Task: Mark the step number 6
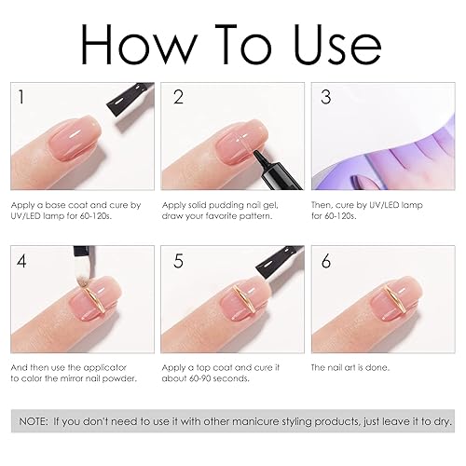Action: click(x=325, y=261)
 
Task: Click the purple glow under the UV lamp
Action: click(x=391, y=140)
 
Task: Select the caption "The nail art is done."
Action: click(x=351, y=368)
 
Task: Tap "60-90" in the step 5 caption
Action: click(x=199, y=379)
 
